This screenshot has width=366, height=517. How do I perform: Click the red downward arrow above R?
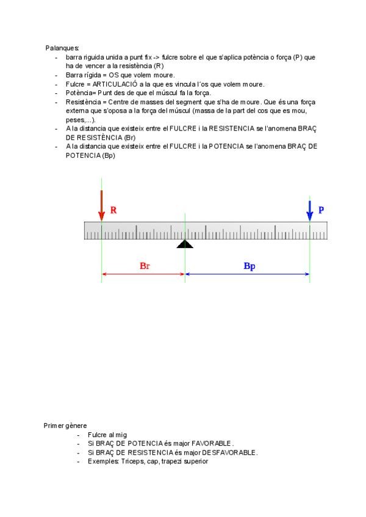click(101, 205)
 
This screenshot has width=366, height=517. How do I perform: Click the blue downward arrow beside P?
click(310, 210)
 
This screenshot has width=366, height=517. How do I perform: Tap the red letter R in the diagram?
click(113, 210)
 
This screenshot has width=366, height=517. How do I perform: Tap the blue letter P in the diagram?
click(321, 210)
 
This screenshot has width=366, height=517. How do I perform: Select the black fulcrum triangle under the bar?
click(185, 243)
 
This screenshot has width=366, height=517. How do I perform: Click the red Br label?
click(145, 266)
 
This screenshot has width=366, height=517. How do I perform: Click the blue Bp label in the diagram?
click(249, 266)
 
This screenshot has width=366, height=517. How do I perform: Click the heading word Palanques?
click(62, 48)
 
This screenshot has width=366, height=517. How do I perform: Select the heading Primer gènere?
click(65, 426)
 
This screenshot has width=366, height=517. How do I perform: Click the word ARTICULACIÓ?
click(115, 84)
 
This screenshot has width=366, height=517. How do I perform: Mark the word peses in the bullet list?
click(74, 120)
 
